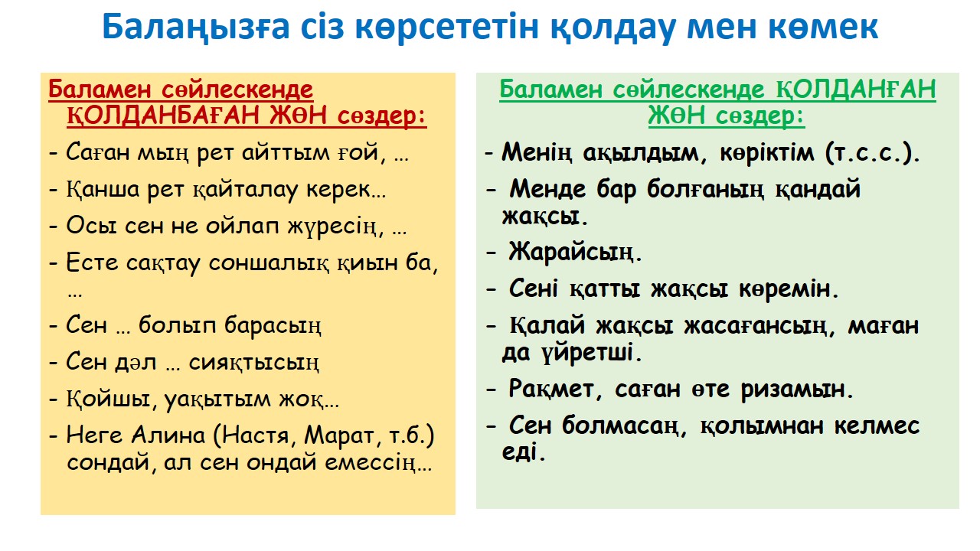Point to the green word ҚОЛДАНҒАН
(856, 90)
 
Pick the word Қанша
(103, 190)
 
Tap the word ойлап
(242, 227)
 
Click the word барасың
(273, 326)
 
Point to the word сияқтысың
(253, 363)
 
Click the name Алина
(168, 435)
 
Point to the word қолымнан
(762, 426)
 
